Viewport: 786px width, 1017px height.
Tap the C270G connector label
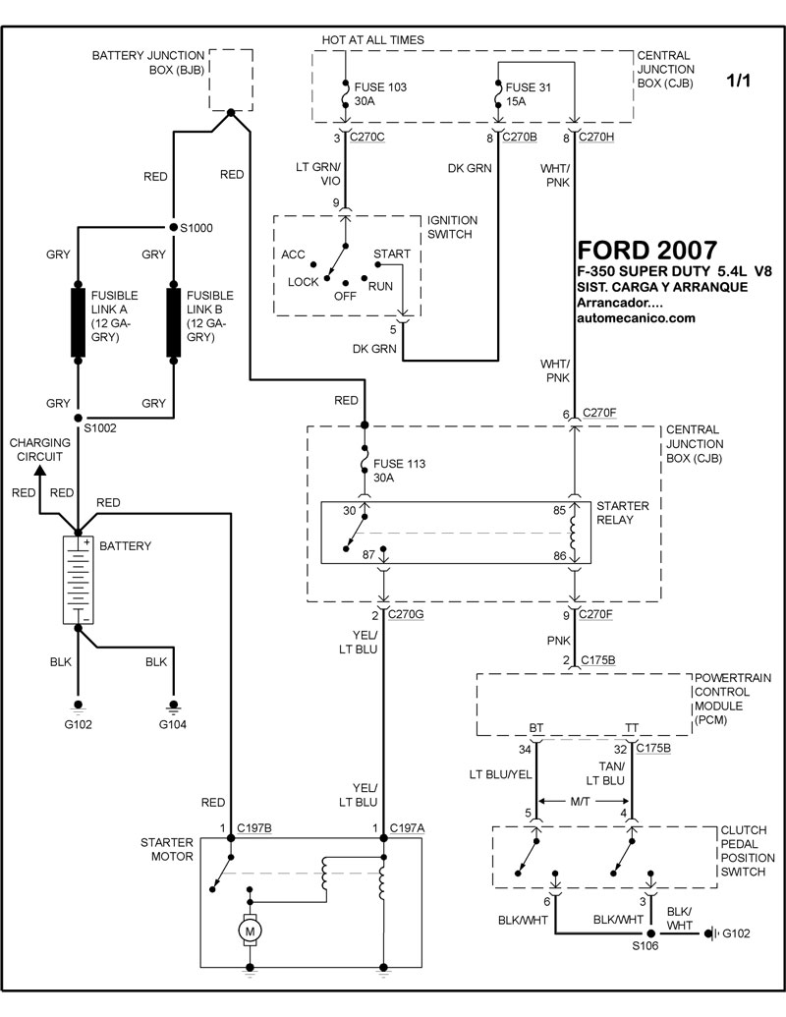(407, 614)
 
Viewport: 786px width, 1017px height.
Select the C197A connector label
(408, 828)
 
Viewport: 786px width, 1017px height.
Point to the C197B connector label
(255, 828)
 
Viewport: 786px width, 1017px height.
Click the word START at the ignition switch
(392, 254)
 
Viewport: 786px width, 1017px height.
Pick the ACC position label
(293, 254)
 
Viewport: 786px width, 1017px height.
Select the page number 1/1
(738, 82)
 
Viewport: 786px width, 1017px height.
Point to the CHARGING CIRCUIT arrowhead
(40, 471)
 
